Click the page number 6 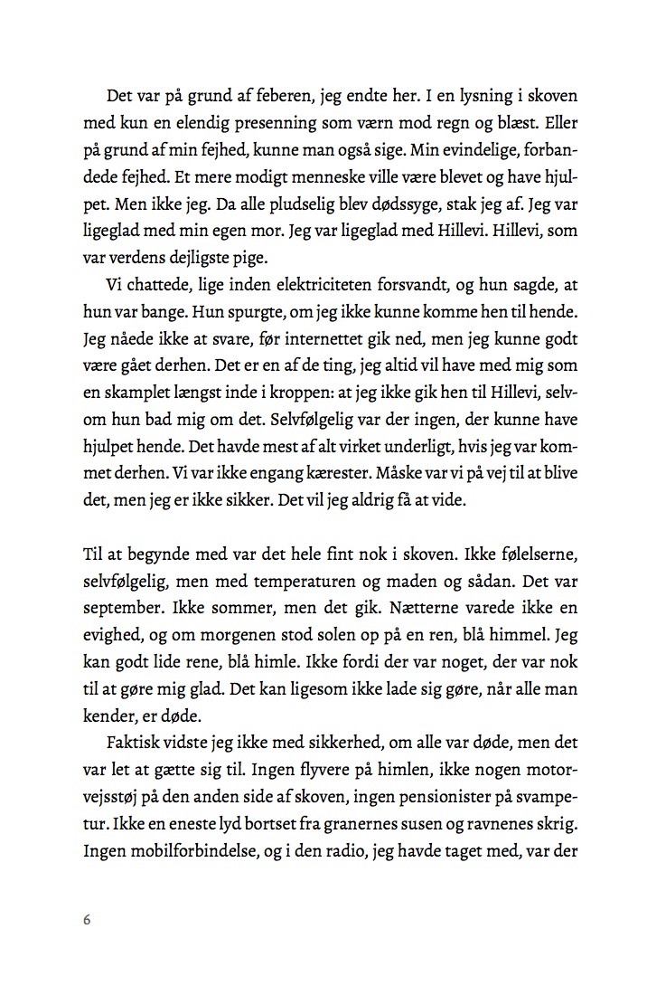[87, 919]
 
